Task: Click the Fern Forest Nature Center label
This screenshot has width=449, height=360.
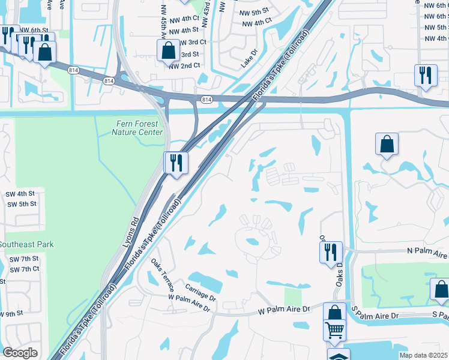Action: (x=137, y=128)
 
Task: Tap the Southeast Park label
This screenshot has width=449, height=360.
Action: (x=26, y=244)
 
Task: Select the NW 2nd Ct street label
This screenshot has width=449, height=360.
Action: (x=184, y=65)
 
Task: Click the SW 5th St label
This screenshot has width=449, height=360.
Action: (x=22, y=204)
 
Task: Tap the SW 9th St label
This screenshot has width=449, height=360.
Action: (x=11, y=314)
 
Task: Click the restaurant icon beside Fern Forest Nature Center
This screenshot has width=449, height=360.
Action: (x=176, y=162)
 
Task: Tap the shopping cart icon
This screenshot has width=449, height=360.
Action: (x=335, y=329)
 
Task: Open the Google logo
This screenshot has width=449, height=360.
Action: (x=20, y=353)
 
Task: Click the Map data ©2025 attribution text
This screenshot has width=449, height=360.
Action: (x=422, y=355)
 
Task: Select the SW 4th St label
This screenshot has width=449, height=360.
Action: (x=22, y=194)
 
